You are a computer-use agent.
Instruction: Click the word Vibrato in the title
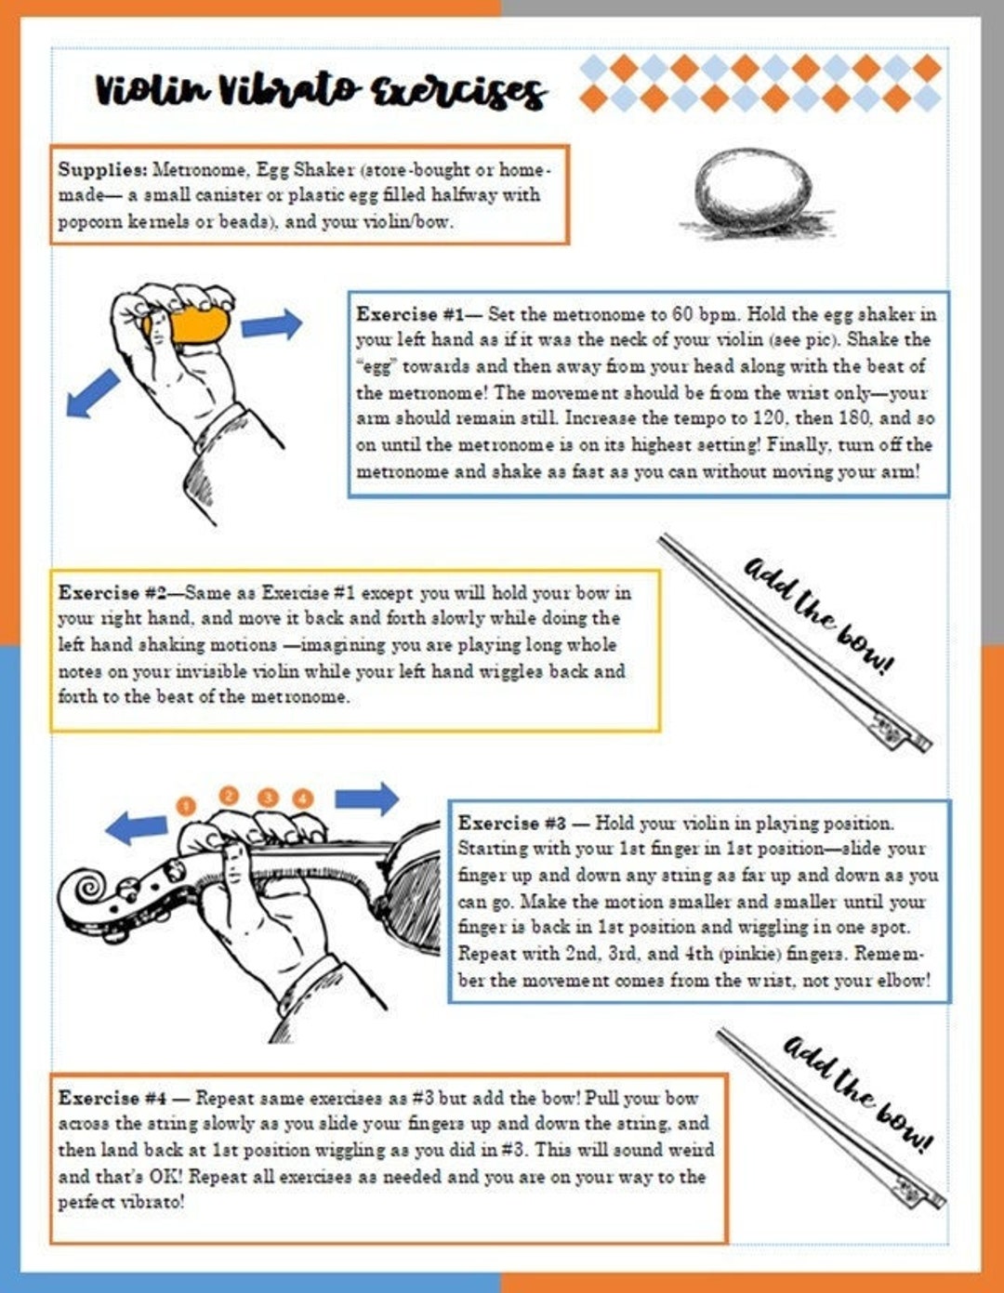pyautogui.click(x=287, y=90)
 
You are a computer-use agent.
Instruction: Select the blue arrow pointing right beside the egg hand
pyautogui.click(x=271, y=325)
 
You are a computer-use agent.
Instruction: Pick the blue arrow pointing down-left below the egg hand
pyautogui.click(x=93, y=393)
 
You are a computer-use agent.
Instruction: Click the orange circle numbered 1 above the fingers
pyautogui.click(x=186, y=805)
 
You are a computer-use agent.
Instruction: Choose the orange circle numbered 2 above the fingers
pyautogui.click(x=229, y=795)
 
